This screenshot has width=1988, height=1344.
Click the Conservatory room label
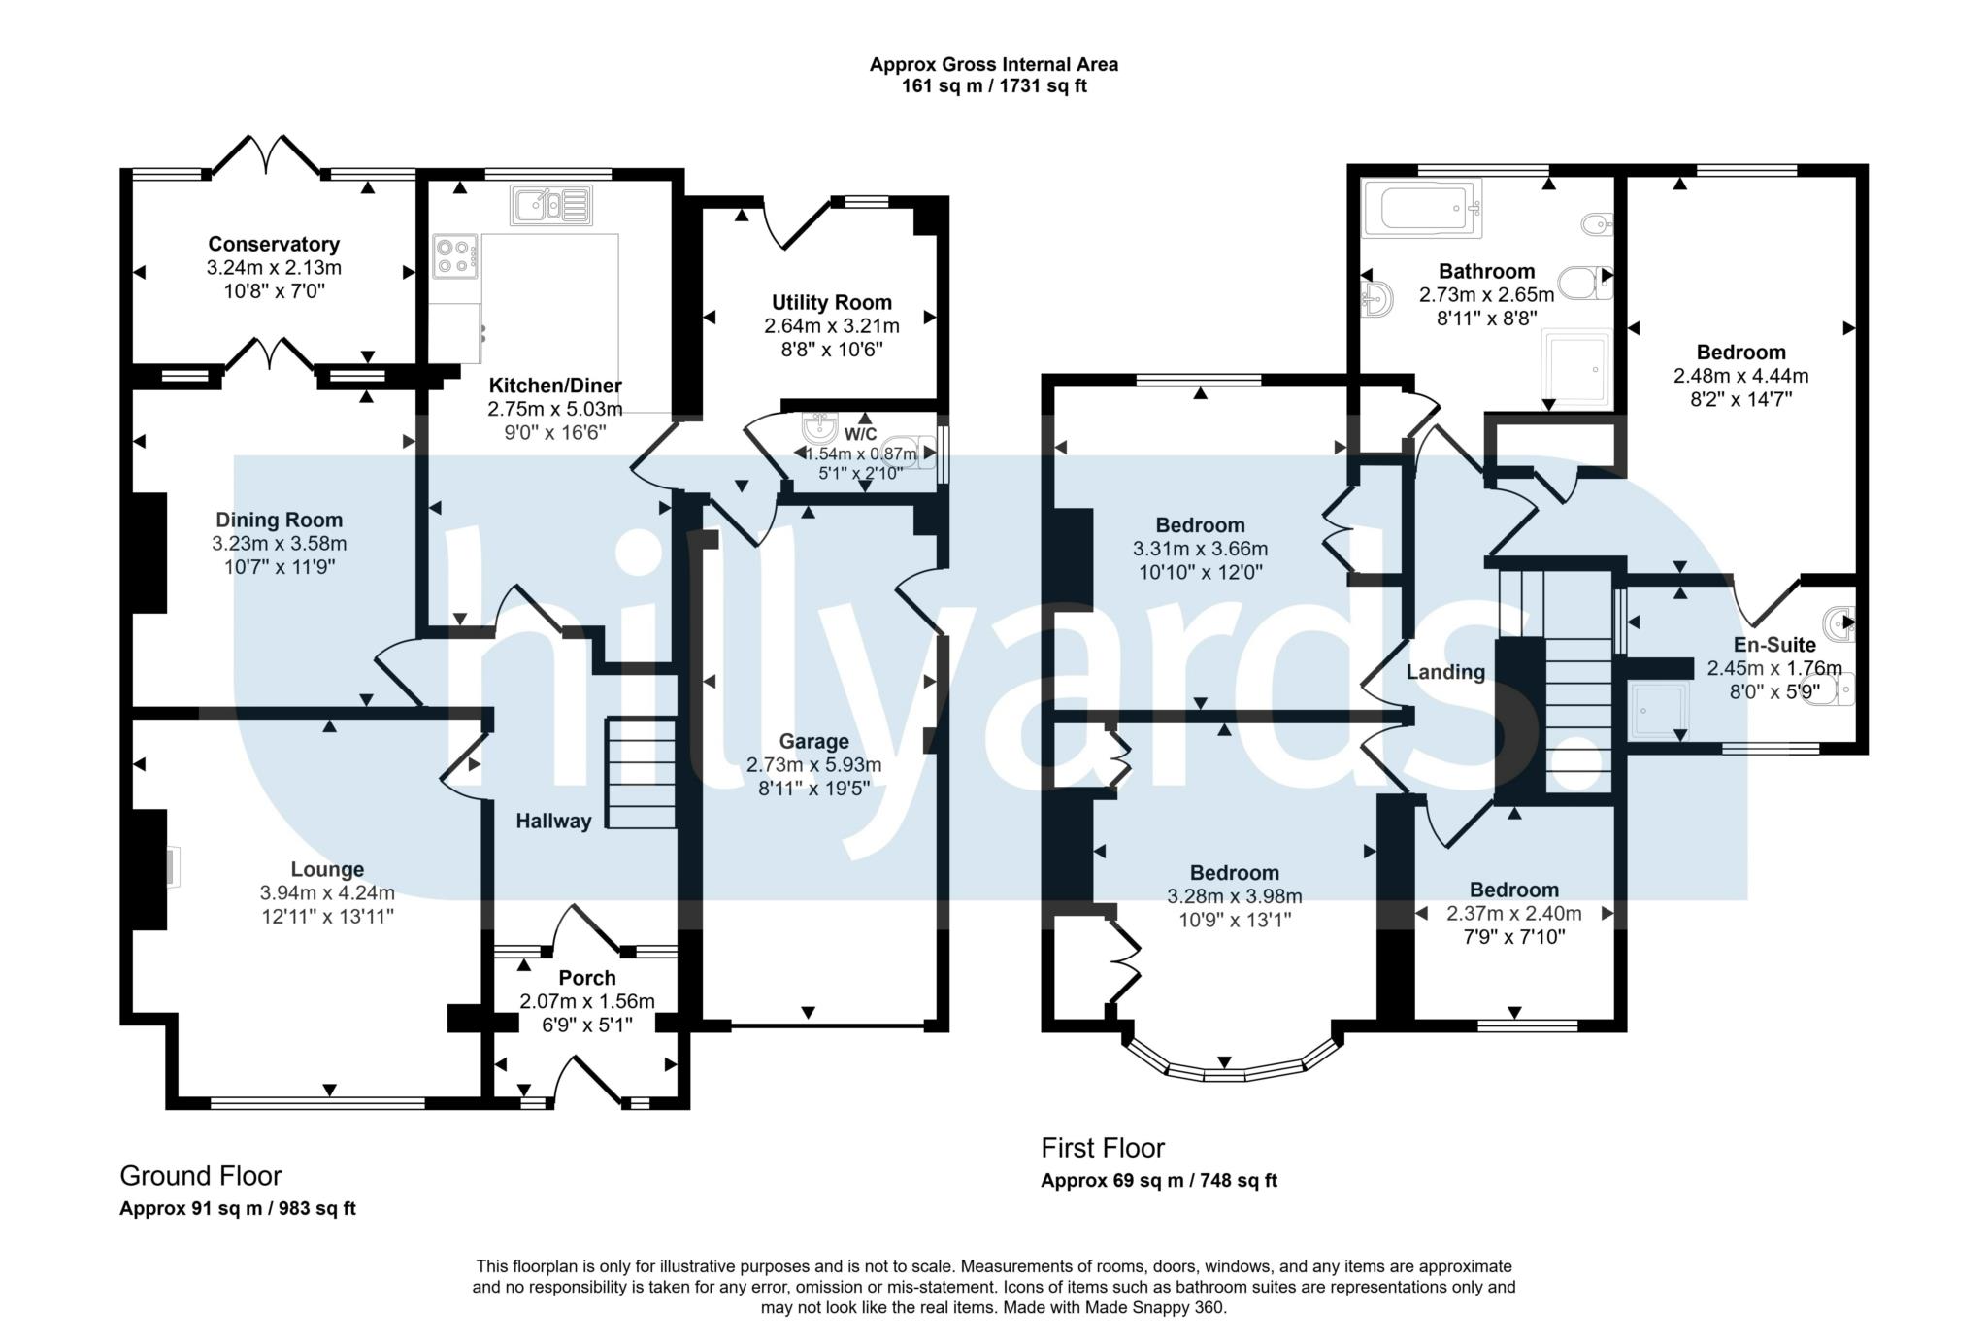(274, 245)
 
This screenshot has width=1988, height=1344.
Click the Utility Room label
(832, 303)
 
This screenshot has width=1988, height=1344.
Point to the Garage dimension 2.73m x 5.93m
(814, 765)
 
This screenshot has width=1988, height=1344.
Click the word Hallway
(553, 822)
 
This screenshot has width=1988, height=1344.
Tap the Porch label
(587, 978)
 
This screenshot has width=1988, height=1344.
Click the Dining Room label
(280, 521)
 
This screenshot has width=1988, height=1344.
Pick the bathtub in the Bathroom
(1422, 210)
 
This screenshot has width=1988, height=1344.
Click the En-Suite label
(1774, 645)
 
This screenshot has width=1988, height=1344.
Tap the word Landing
(1446, 672)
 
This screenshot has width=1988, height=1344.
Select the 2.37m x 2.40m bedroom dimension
(1514, 914)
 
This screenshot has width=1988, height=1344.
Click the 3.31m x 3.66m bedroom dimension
(1201, 549)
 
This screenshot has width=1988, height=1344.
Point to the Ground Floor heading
(201, 1176)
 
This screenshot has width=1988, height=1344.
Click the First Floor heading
(1103, 1148)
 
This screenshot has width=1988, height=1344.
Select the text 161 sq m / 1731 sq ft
(994, 86)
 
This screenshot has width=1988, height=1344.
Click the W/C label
(860, 434)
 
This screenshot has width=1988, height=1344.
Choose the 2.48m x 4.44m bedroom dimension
(1741, 376)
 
